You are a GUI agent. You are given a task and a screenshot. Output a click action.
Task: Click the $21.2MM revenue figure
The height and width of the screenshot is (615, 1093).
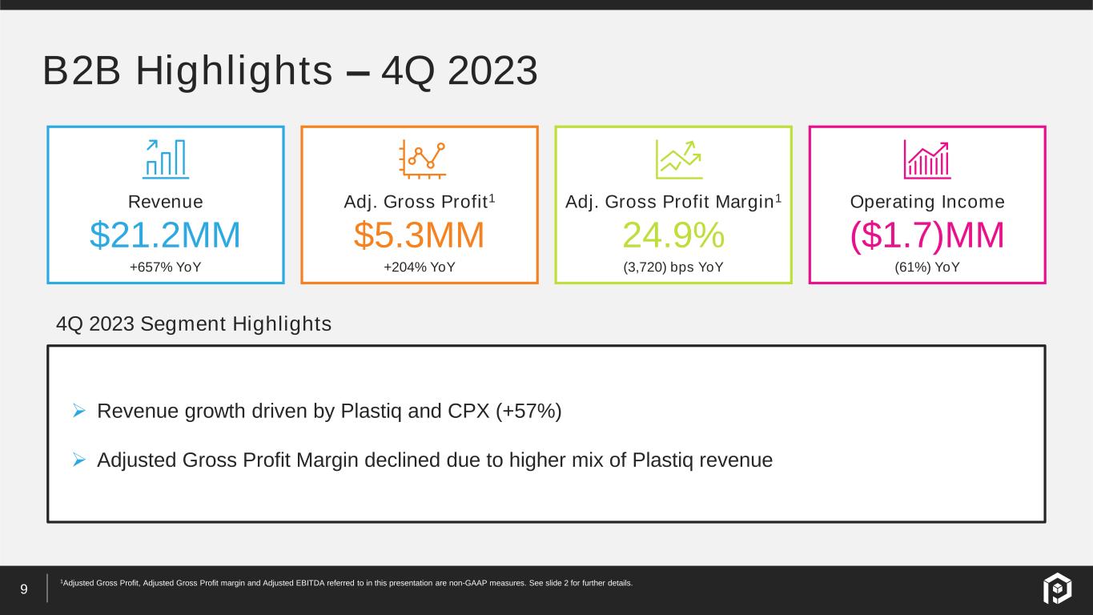pos(165,235)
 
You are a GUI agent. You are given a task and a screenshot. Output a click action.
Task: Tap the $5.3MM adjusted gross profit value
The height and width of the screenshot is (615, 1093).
pos(419,235)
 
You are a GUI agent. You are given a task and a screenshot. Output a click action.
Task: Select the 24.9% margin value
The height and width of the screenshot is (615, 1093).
pos(673,235)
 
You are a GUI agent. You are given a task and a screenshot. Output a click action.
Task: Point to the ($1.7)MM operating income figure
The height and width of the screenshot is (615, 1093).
pos(927,235)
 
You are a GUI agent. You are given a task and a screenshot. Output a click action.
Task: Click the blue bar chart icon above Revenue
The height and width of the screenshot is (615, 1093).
pos(166,159)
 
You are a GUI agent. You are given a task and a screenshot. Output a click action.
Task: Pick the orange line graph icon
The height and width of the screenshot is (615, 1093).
pos(422,159)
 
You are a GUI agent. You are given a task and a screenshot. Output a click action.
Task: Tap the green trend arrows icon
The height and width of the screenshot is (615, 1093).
pos(679,159)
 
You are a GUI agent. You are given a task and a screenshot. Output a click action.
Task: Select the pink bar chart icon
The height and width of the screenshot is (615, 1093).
pos(927,159)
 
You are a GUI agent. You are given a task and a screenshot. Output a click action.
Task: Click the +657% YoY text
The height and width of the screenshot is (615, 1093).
pos(166,267)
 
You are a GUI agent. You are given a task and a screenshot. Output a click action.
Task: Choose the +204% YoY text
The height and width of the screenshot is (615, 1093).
pos(419,267)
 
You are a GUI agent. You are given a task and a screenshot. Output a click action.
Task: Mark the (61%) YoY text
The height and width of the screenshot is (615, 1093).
pos(927,267)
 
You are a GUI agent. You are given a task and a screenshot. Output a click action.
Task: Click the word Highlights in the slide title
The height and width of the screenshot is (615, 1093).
pos(234,71)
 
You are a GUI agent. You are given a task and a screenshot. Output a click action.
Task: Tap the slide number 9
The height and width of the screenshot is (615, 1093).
pos(24,589)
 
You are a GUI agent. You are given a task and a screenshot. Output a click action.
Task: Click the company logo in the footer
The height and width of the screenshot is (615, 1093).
pos(1058,588)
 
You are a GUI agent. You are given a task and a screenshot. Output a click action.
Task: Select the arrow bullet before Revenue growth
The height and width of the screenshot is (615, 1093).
pos(79,411)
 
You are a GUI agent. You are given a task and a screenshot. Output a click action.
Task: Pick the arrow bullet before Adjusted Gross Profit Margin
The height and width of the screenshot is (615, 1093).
pos(79,460)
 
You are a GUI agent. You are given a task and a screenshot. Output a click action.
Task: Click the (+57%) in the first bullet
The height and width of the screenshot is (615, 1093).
pos(528,412)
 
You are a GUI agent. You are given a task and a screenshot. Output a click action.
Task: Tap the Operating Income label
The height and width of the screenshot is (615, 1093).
pos(927,202)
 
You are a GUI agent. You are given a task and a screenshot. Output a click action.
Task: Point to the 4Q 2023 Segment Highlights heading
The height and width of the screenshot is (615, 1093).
pos(194,324)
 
